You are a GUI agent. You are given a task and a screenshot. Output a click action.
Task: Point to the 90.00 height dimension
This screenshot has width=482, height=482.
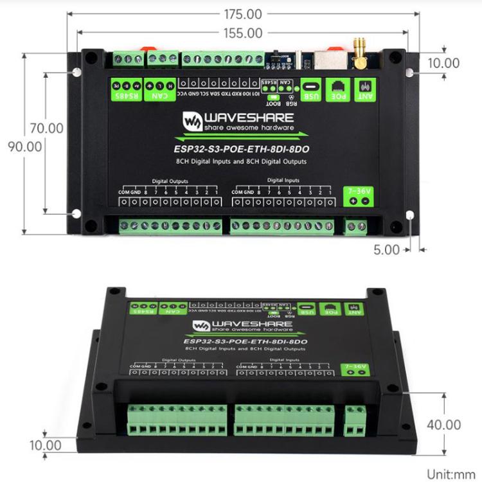(26, 146)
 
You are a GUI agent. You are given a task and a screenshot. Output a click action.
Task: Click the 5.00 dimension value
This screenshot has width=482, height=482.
(387, 250)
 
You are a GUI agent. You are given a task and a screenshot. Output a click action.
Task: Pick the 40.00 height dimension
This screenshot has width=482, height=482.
(444, 424)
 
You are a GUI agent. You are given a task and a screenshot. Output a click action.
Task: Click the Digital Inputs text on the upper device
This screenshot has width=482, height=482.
(283, 181)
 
